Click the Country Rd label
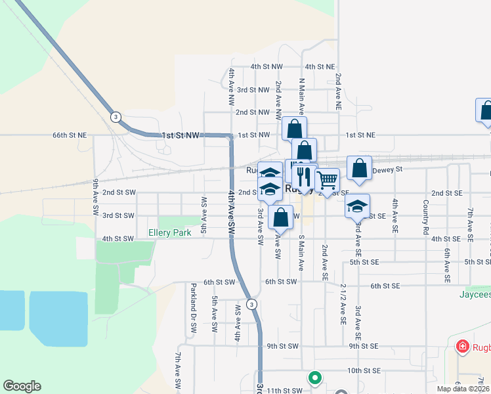[x=426, y=217]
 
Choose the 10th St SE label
[x=363, y=370]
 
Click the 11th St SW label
[x=282, y=390]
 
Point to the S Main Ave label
[x=301, y=253]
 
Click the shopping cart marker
[x=327, y=179]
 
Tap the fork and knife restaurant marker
[x=303, y=175]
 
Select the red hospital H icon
[x=462, y=345]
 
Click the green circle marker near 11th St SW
[x=314, y=378]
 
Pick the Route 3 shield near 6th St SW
[x=251, y=304]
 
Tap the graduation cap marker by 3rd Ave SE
[x=357, y=206]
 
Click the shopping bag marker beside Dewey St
[x=359, y=167]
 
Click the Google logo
[x=22, y=386]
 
